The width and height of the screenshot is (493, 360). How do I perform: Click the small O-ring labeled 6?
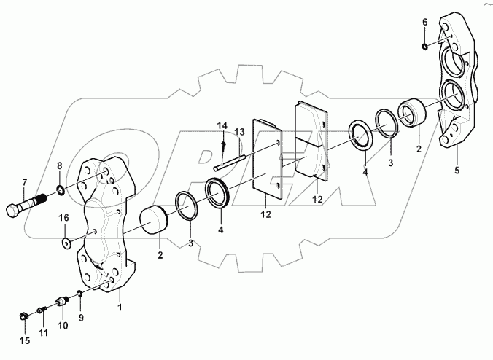[x=424, y=47]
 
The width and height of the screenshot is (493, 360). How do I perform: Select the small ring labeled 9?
[x=79, y=293]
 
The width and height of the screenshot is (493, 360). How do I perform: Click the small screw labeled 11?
[x=42, y=310]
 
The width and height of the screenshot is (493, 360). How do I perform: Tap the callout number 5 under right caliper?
[x=457, y=171]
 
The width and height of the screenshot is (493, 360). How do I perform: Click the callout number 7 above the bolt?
[x=24, y=181]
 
